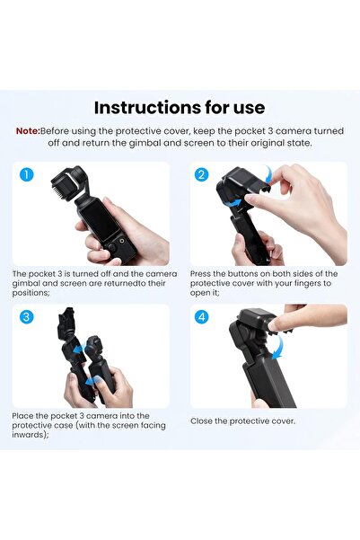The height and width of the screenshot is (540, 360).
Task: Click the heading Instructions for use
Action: tap(180, 108)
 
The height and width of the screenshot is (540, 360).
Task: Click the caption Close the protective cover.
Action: tap(242, 420)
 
